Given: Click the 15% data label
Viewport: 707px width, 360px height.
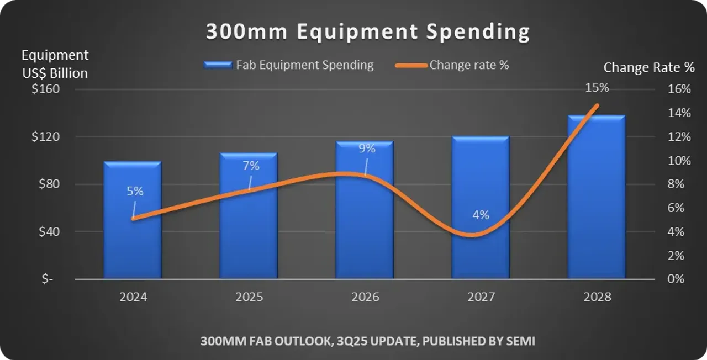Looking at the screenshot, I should [x=597, y=88].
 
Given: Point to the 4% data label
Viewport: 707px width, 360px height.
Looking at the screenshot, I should [x=481, y=215].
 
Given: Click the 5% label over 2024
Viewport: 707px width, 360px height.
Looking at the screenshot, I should [x=135, y=192].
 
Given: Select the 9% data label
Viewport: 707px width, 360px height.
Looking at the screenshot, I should [x=367, y=149].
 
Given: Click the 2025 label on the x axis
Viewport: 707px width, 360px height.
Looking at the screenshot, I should [x=249, y=297].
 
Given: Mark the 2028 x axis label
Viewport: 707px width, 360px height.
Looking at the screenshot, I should [x=597, y=297].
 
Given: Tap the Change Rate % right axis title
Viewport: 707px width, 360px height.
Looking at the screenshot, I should [x=649, y=68].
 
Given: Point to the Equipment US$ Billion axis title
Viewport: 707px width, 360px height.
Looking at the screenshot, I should [x=55, y=64].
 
